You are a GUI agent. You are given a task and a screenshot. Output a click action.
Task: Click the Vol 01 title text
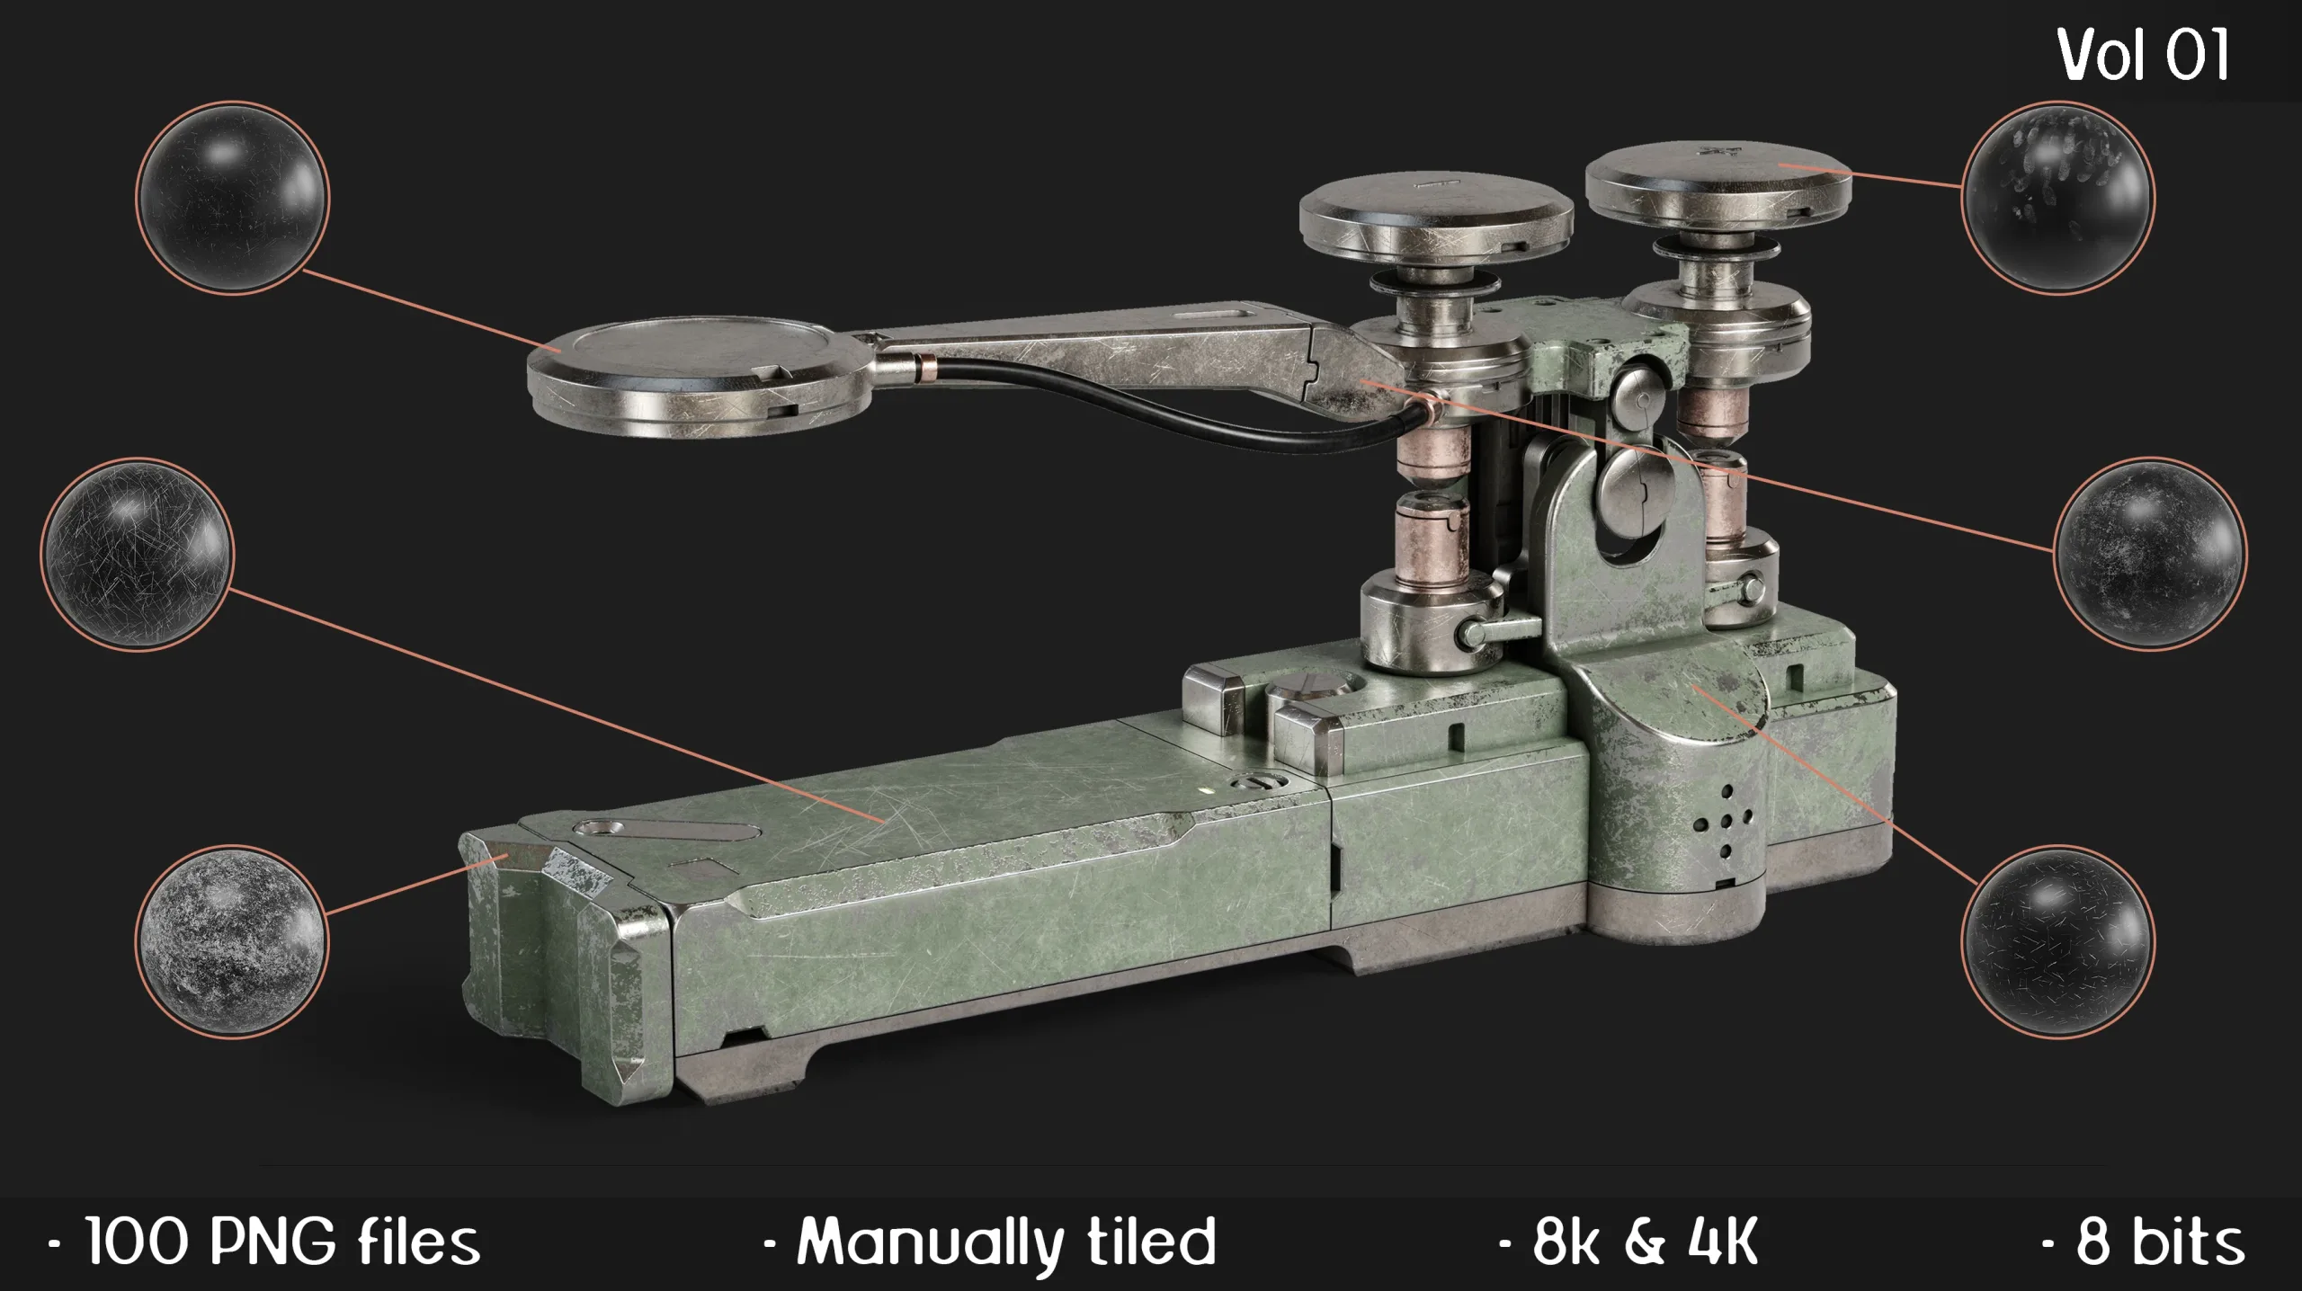pos(2143,56)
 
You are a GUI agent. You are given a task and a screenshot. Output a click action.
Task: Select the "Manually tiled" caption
pos(989,1242)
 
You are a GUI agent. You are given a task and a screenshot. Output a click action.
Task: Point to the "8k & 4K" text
pos(1628,1242)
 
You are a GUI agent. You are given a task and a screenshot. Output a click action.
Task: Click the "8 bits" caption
pos(2144,1242)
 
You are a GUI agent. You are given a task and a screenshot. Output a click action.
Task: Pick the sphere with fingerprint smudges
pos(2057,196)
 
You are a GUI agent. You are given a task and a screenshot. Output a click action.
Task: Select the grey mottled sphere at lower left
pos(232,940)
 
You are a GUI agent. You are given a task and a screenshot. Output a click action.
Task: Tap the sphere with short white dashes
pos(2057,942)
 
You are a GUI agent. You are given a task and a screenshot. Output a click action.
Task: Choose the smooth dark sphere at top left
pos(232,197)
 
